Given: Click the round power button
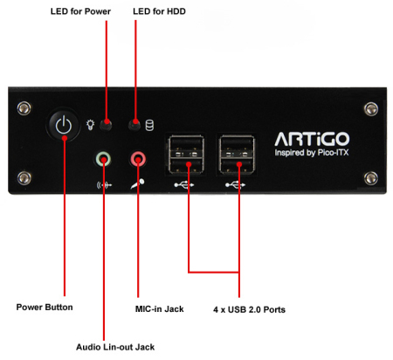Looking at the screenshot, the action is pos(64,125).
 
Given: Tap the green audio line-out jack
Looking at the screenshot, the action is pos(103,159).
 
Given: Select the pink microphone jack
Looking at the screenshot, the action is pos(138,159).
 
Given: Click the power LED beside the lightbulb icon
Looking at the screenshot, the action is pos(106,125).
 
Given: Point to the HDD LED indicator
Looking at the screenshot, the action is pos(134,125).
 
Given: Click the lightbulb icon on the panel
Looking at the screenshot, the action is pos(91,125).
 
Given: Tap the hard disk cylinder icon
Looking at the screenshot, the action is pos(149,125).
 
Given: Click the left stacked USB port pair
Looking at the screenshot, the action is pos(186,155).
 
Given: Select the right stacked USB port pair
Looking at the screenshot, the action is pos(237,155).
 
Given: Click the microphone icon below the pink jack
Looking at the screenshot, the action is pos(137,184).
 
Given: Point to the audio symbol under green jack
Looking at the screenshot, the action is pos(104,185).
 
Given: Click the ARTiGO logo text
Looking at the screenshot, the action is pos(312,139).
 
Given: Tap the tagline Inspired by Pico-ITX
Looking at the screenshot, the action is pos(312,152).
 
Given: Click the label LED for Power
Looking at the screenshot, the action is pos(80,11).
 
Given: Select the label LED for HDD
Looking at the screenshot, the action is pos(159,11).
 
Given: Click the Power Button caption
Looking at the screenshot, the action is pos(45,308).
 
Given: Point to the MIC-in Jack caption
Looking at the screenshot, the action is pos(160,309).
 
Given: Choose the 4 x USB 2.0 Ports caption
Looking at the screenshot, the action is pos(249,309).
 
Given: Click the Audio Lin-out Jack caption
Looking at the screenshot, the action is pos(115,347).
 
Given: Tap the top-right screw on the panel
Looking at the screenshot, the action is pos(371,109).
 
